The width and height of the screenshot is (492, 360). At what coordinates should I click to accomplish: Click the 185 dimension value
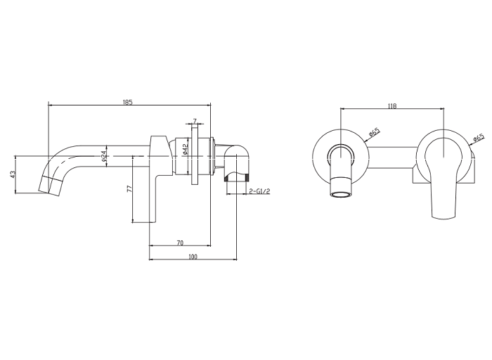(x=128, y=102)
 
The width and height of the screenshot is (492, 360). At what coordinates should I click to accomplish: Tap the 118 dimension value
(x=392, y=106)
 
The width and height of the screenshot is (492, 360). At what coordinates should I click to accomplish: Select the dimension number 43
(x=13, y=174)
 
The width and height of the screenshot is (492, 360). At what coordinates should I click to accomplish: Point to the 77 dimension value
(x=129, y=189)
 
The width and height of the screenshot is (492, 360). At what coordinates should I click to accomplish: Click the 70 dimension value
(x=180, y=243)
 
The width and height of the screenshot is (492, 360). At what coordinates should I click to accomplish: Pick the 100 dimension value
(x=193, y=257)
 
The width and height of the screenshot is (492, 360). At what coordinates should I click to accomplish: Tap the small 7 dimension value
(x=195, y=121)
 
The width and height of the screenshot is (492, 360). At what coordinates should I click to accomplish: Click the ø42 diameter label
(x=185, y=149)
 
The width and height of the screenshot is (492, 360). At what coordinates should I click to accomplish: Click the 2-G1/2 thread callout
(x=259, y=191)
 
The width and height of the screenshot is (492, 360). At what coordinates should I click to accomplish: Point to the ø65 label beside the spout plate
(x=374, y=131)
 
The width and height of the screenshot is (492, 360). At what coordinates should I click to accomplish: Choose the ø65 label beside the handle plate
(x=478, y=139)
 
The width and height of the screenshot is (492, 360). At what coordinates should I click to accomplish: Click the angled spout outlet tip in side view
(x=49, y=187)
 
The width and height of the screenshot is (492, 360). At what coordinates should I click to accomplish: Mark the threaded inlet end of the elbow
(x=237, y=179)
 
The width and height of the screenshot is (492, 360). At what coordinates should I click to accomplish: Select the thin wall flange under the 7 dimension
(x=195, y=155)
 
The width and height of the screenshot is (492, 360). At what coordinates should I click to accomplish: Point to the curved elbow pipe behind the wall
(x=237, y=161)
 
